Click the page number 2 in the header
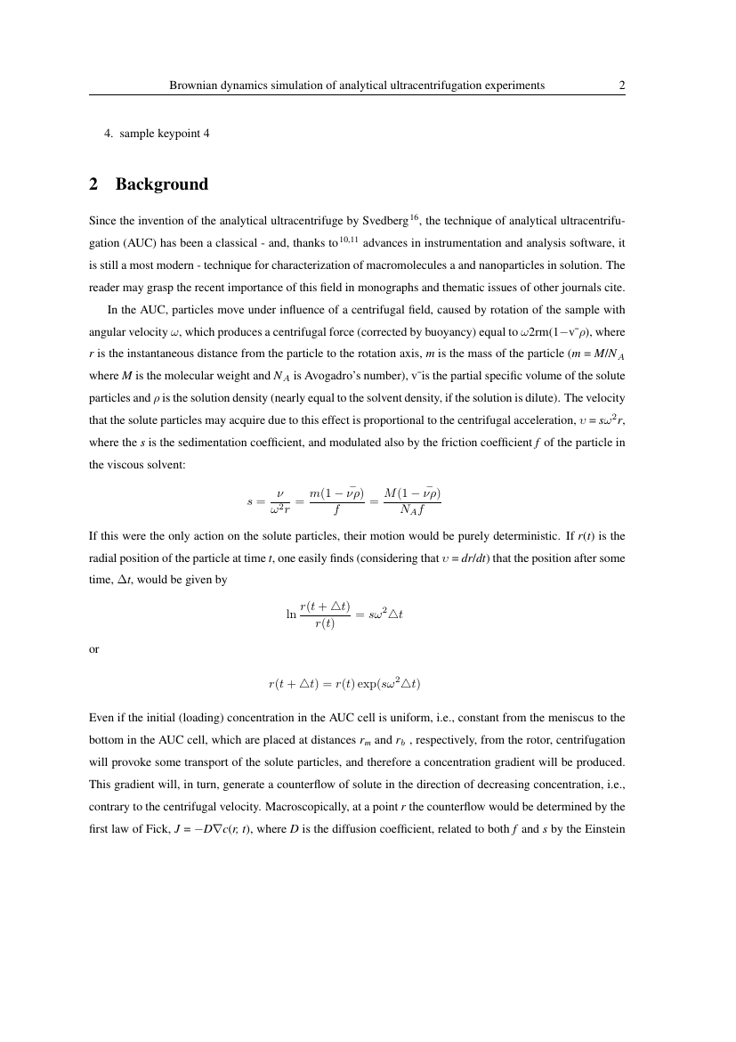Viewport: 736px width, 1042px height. point(622,85)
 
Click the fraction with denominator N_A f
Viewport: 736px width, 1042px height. point(412,501)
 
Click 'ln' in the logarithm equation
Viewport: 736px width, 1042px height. point(290,614)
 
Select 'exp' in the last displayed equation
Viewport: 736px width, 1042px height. point(361,684)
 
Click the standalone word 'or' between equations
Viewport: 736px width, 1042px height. point(94,649)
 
